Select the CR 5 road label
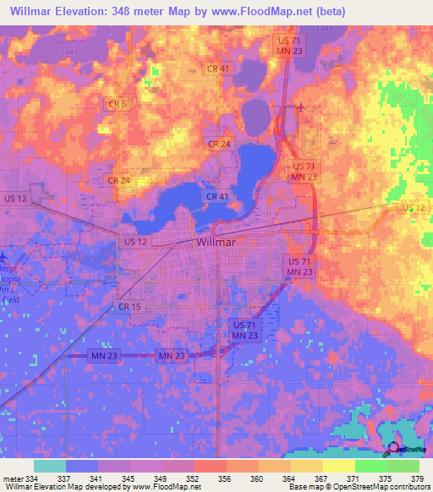coord(118,103)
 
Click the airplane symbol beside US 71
coord(303,107)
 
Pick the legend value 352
coord(195,478)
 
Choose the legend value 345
coord(131,478)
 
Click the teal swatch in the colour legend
coord(50,466)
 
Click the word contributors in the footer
coord(405,487)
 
